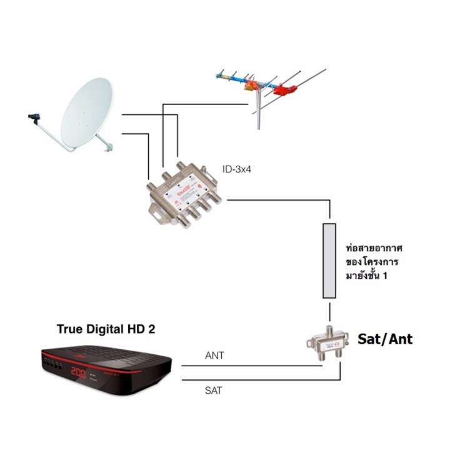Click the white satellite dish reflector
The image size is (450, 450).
(86, 112)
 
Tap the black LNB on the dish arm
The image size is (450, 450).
(34, 118)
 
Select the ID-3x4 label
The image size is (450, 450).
(237, 169)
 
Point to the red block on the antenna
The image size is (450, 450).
(284, 90)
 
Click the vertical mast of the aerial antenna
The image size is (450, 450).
(259, 109)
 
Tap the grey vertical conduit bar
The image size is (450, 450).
(329, 261)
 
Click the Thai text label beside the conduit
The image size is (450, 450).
(374, 261)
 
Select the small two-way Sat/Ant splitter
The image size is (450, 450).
(327, 343)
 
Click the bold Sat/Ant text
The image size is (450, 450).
(385, 339)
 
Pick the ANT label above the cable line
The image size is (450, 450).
(214, 356)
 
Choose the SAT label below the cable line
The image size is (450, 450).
(213, 390)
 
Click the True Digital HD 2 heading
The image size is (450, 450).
(106, 329)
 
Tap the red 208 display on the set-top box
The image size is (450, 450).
(78, 372)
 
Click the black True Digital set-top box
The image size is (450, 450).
(106, 369)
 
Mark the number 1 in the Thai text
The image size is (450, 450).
(385, 276)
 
